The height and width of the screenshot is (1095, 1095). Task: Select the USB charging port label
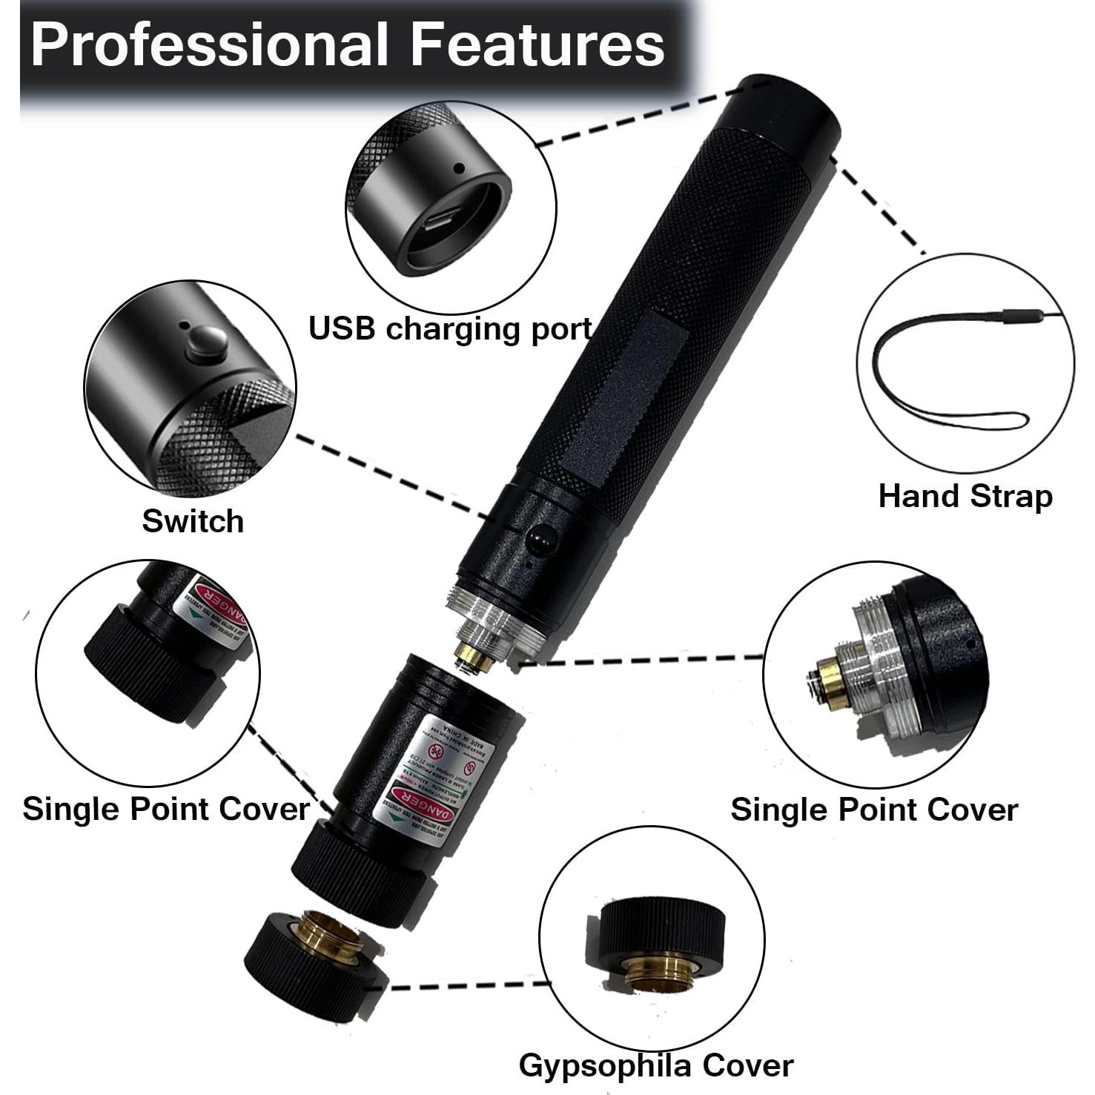[450, 328]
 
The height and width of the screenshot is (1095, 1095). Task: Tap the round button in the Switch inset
[206, 343]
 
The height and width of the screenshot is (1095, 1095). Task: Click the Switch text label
[193, 521]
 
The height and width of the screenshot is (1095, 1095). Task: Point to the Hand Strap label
[965, 496]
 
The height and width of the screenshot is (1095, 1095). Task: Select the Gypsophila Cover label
[655, 1065]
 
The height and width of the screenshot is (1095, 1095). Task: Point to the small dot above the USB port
[459, 169]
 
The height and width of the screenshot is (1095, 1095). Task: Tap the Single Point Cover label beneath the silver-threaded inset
[873, 810]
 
